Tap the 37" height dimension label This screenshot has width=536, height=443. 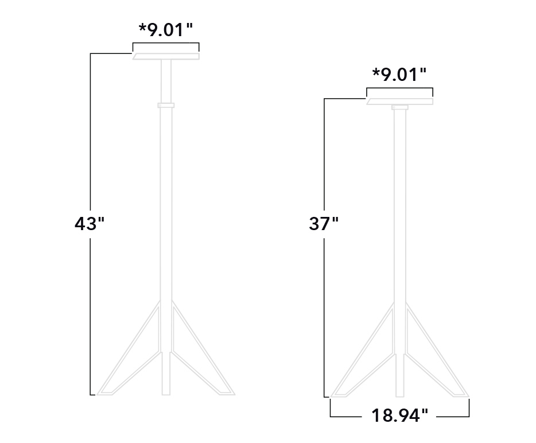[x=324, y=224]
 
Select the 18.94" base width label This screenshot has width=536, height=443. [x=400, y=415]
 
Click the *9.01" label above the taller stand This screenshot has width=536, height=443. [x=165, y=29]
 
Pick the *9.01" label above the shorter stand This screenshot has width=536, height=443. [x=399, y=75]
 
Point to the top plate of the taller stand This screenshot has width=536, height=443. [x=166, y=56]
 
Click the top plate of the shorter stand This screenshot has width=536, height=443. [x=400, y=102]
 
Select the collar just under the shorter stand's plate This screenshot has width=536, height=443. [x=400, y=107]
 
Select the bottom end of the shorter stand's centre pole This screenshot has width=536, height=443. [x=400, y=393]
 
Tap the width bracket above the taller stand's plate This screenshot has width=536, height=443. [x=166, y=44]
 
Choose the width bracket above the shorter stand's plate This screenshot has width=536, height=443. [x=400, y=88]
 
